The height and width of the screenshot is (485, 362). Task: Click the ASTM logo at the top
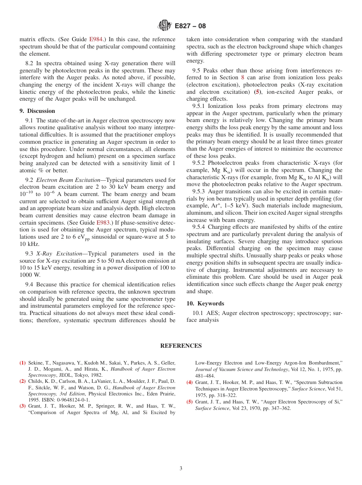pos(165,26)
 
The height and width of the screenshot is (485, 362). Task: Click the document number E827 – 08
pos(190,26)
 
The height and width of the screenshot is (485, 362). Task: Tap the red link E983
pos(103,222)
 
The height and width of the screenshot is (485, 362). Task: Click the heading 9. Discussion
pos(37,111)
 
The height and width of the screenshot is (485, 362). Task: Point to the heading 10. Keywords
pos(205,304)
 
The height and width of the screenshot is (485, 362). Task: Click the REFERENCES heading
pos(181,346)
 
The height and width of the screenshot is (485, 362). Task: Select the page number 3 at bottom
pos(181,468)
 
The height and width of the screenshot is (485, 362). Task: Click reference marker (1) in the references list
pos(23,363)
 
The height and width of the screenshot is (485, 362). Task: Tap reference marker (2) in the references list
pos(23,381)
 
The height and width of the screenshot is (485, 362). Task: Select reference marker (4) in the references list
pos(189,382)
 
